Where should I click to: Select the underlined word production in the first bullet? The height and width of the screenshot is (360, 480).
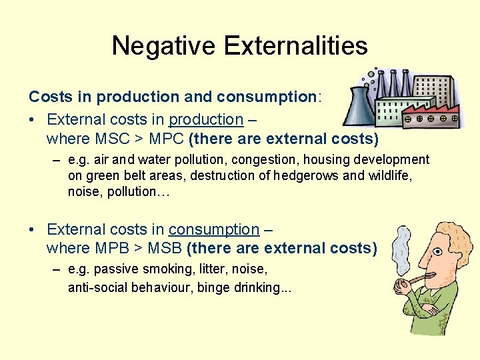click(206, 120)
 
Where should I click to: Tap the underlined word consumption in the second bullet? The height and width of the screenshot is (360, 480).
click(213, 230)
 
